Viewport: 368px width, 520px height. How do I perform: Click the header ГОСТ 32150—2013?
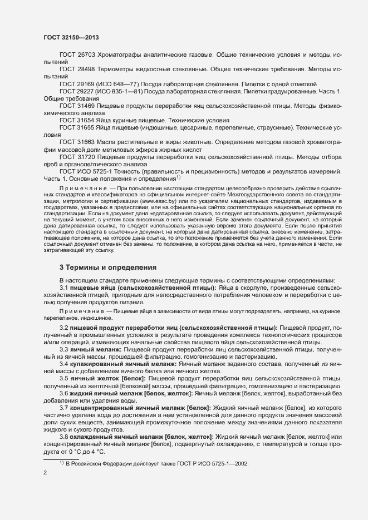72,37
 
